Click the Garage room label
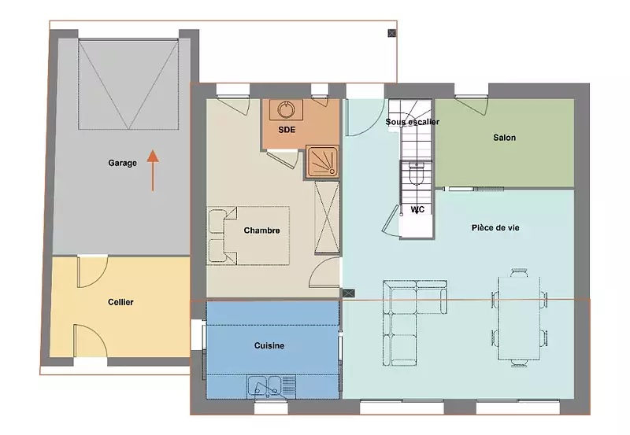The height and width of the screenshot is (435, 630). tap(122, 163)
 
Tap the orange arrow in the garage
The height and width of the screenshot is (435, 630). tap(153, 170)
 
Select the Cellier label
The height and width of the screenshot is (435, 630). tap(120, 302)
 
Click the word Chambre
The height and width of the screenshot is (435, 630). tap(261, 230)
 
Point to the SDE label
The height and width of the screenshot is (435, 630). tap(287, 130)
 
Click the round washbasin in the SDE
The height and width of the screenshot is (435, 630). tap(286, 109)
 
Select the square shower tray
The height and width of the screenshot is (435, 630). tap(321, 161)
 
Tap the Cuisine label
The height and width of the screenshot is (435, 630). tap(269, 345)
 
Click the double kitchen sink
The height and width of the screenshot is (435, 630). tap(265, 385)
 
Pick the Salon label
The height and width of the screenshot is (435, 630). tap(504, 138)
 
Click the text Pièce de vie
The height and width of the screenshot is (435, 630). tap(495, 228)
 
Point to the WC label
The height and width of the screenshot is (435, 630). tap(417, 209)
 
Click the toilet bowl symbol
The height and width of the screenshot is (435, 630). tap(416, 173)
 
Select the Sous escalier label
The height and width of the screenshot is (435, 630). tap(412, 122)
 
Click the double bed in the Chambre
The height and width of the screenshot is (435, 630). tap(248, 235)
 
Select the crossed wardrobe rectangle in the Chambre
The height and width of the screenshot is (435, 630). tap(327, 217)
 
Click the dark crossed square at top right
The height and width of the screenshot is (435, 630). tap(391, 33)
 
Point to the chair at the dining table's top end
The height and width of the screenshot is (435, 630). tap(519, 272)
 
